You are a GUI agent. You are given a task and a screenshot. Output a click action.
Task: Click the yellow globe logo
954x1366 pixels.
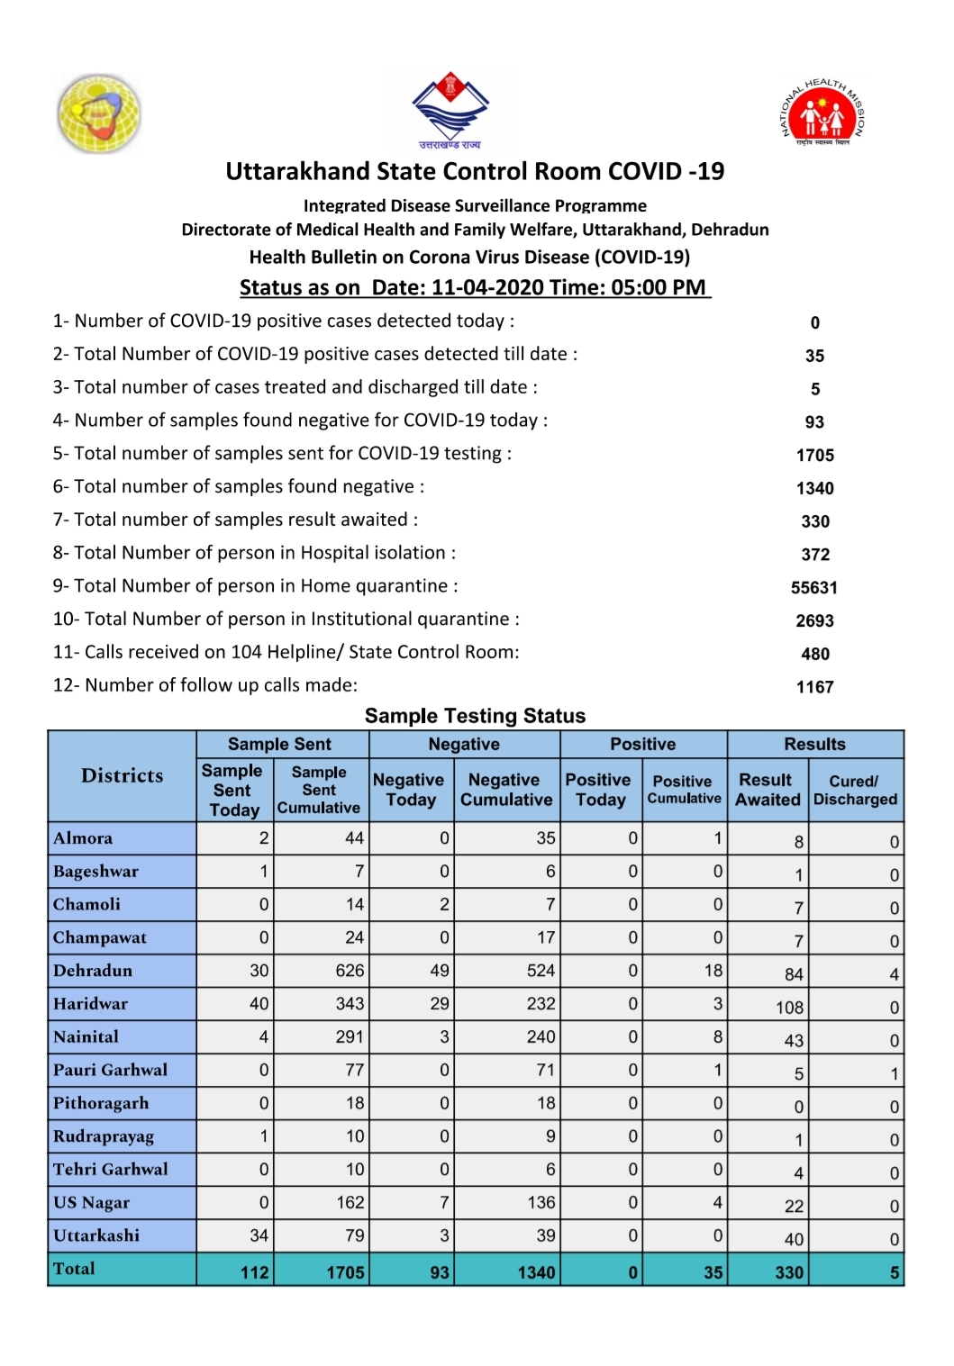tap(99, 113)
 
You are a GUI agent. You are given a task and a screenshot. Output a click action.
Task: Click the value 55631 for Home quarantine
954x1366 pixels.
tap(814, 588)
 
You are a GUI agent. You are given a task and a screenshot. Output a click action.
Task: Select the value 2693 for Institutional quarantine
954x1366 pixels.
tap(814, 621)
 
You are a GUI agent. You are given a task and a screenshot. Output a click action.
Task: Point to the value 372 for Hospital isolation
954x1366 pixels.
tap(814, 555)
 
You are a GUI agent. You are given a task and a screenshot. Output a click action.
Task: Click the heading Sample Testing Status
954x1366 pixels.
tap(475, 716)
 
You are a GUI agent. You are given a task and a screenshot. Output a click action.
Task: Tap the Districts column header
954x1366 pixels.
tap(123, 776)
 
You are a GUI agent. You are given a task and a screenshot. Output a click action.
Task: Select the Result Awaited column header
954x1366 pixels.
tap(768, 790)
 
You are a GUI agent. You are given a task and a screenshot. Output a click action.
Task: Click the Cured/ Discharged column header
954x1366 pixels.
tap(855, 790)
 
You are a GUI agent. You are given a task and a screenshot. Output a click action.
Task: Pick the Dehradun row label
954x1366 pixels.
tap(93, 971)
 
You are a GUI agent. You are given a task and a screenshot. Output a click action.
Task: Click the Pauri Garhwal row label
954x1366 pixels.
tap(110, 1070)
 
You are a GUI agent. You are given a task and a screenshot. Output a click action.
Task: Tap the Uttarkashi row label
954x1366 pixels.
tap(96, 1235)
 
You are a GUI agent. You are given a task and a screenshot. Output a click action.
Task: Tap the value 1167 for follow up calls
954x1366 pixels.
tap(814, 687)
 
